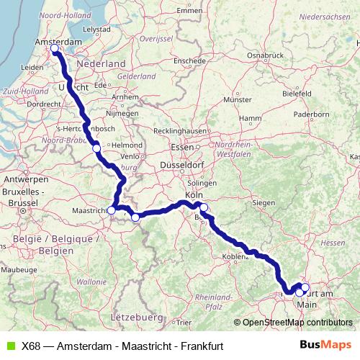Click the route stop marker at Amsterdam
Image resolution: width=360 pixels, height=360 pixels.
54,48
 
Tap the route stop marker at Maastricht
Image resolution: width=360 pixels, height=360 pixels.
111,210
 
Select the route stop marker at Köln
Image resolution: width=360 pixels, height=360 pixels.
204,207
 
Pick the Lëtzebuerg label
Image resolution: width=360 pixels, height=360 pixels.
138,316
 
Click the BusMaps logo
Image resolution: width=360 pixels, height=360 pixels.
325,345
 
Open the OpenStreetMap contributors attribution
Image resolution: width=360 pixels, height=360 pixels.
297,323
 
